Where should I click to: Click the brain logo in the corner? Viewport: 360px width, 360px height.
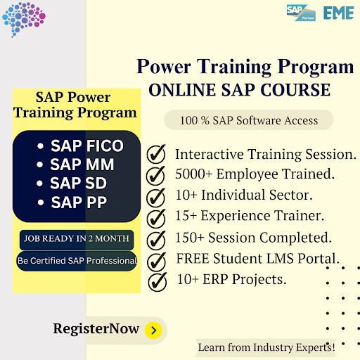(23, 20)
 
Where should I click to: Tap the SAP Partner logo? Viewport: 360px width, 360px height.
(301, 13)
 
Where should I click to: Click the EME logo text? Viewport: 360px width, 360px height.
(338, 13)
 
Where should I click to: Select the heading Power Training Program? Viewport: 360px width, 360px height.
(245, 67)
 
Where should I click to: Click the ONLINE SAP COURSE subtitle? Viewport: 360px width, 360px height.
(238, 90)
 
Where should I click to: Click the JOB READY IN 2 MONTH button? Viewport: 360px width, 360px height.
(76, 238)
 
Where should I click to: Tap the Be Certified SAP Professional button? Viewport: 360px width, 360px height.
(77, 261)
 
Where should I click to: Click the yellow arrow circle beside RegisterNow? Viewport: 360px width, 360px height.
(154, 329)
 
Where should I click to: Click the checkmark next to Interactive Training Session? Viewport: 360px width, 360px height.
(156, 154)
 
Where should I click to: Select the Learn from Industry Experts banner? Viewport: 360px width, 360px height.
(266, 347)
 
